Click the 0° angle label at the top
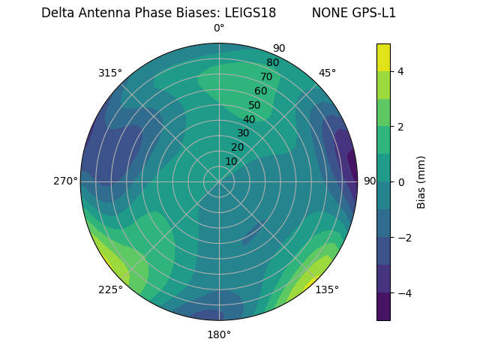click(x=219, y=28)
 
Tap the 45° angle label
click(x=327, y=73)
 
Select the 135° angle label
click(x=327, y=289)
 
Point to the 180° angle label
click(x=219, y=334)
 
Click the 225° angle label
click(x=110, y=289)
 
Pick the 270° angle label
click(x=66, y=181)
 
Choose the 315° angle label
click(x=110, y=73)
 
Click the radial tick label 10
click(x=231, y=161)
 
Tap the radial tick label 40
click(x=249, y=119)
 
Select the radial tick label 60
click(x=261, y=91)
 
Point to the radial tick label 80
click(x=272, y=63)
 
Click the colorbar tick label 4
click(x=400, y=71)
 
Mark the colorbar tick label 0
click(x=400, y=182)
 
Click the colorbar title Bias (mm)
click(x=421, y=182)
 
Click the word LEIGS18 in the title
click(x=250, y=13)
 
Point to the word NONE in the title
click(x=328, y=13)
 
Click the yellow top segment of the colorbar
click(x=383, y=57)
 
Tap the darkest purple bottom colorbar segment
click(x=383, y=307)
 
